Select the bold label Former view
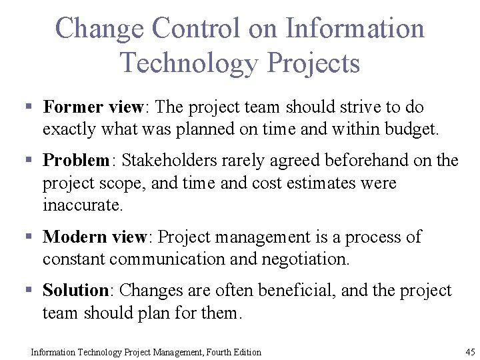coord(93,107)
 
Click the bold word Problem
coord(75,161)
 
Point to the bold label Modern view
coord(94,237)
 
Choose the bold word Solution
coord(75,291)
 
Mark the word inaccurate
coord(83,205)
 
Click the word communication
coord(168,259)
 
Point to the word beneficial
coord(293,291)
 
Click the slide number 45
coord(469,351)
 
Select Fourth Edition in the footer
coord(233,352)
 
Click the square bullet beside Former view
coord(29,107)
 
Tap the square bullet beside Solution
coord(29,291)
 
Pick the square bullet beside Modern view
coord(29,237)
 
